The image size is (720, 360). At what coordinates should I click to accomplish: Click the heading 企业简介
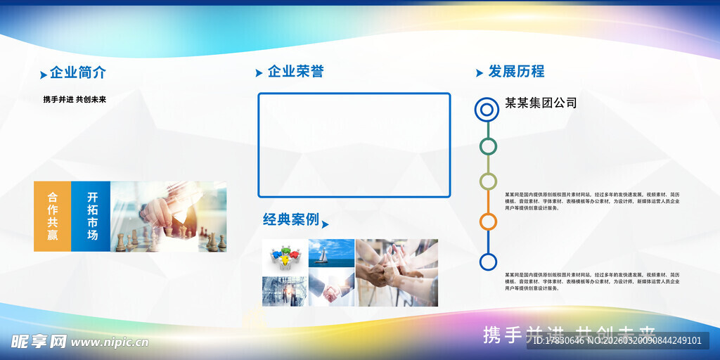78,72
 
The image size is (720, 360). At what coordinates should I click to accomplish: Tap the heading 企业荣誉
296,71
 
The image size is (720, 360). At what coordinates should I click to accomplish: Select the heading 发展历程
516,71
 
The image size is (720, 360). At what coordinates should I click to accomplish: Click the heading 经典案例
291,219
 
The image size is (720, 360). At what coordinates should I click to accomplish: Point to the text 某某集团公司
541,103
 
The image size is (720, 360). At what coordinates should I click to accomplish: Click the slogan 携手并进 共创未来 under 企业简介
75,99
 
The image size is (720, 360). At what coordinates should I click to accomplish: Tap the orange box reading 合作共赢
53,216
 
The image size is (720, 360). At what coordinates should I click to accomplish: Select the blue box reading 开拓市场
91,216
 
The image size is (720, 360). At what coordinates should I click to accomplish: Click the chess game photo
169,217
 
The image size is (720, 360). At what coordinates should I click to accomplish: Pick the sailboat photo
331,253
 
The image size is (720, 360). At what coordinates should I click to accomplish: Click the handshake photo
331,290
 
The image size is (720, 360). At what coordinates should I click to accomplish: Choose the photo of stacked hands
397,273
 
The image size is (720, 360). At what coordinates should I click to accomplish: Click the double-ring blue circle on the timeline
487,109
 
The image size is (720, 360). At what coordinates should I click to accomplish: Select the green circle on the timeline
488,146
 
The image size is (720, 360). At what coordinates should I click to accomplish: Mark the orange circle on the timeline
488,221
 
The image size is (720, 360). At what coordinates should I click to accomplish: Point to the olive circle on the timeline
488,181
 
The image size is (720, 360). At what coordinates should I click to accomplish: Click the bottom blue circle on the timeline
488,262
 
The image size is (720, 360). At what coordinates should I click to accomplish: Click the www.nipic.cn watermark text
110,342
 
